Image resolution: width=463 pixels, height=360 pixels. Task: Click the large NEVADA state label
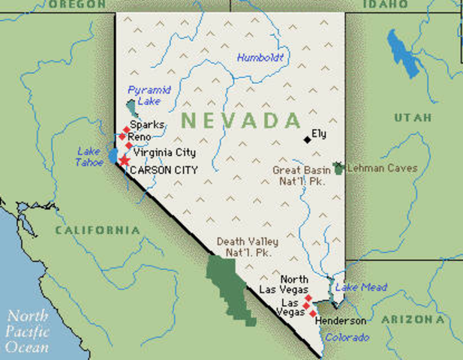(241, 120)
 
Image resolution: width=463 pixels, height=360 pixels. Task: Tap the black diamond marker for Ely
(307, 139)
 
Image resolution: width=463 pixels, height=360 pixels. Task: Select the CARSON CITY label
(164, 170)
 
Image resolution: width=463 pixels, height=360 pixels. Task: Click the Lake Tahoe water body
(113, 156)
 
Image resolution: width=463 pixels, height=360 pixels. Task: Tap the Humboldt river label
(260, 57)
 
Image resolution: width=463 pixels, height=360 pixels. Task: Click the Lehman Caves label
(382, 169)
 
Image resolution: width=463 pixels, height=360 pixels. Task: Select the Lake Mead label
(361, 287)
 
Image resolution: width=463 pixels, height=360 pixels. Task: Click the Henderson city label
(341, 321)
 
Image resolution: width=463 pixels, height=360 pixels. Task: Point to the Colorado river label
(347, 337)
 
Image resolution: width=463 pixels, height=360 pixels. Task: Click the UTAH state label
(413, 118)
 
